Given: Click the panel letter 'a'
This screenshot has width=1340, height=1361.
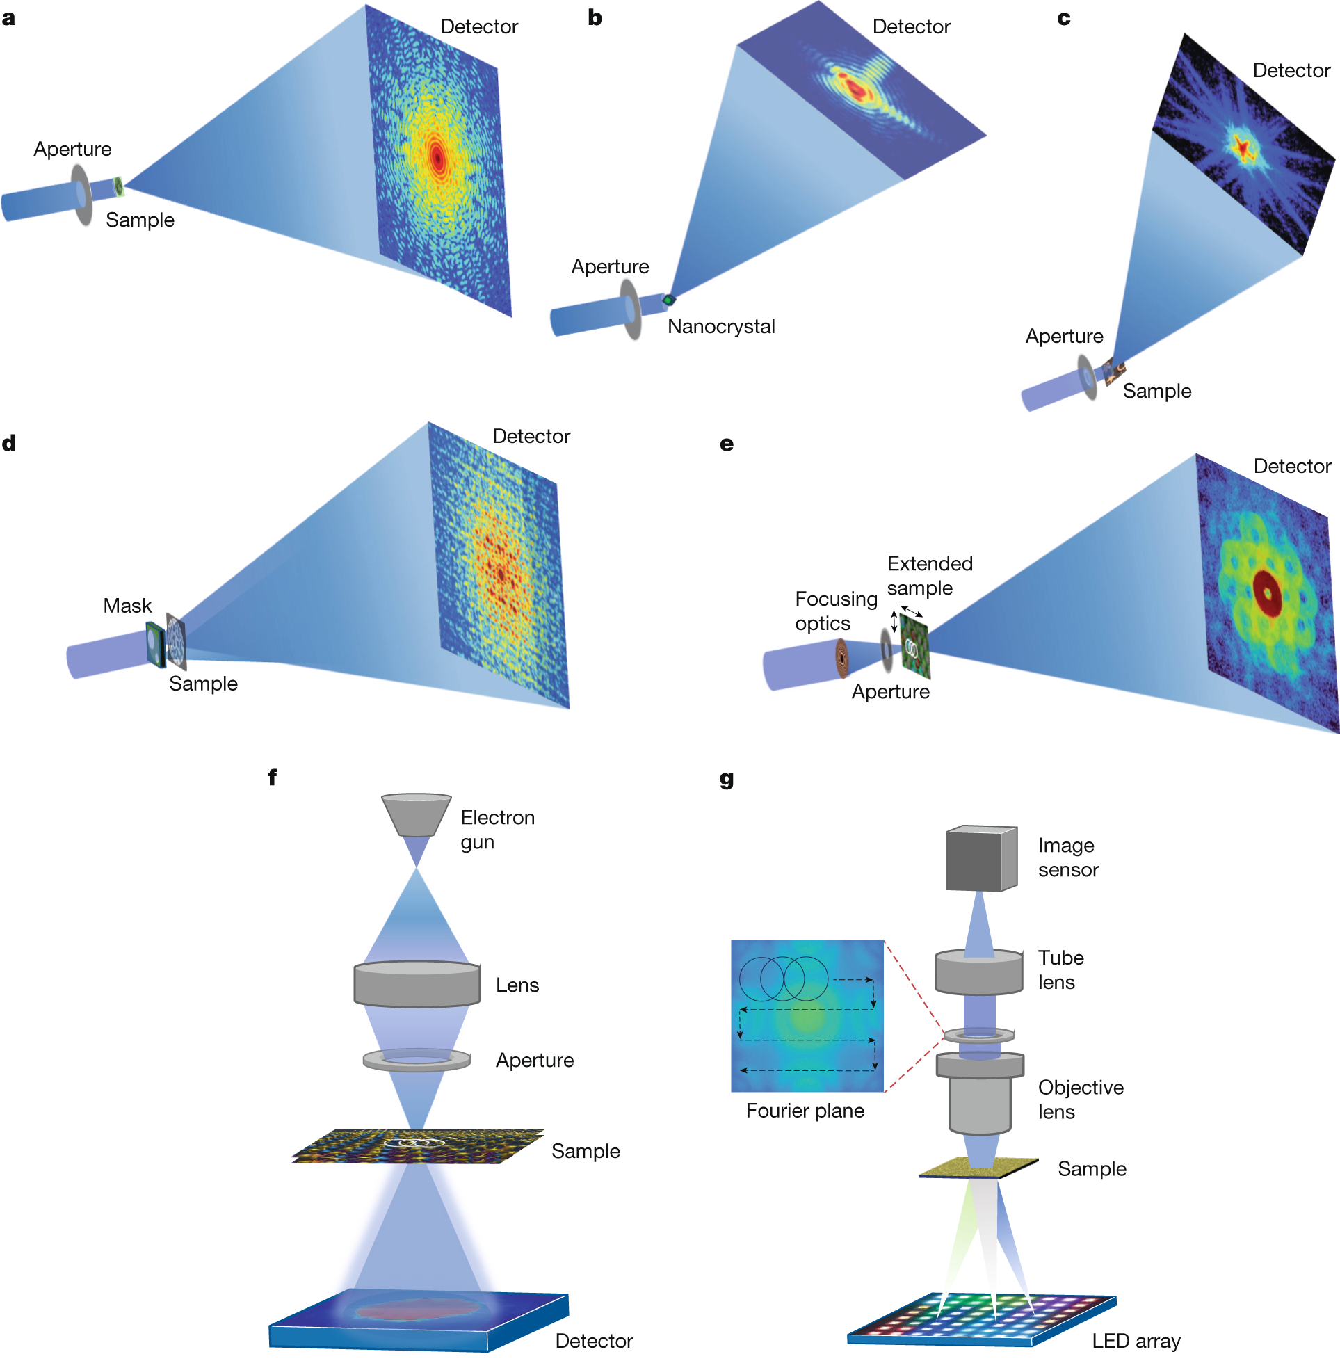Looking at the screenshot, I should click(8, 19).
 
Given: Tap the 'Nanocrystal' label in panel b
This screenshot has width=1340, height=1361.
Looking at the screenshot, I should click(720, 327).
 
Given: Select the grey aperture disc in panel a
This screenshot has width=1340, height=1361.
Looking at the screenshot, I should click(82, 195).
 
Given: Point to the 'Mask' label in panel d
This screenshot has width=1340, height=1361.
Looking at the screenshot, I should click(127, 605).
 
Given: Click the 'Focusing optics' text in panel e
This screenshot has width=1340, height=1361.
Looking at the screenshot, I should click(835, 611).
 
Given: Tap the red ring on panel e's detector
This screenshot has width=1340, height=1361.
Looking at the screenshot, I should click(1267, 593).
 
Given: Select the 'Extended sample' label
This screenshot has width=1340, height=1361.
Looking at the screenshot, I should click(929, 576).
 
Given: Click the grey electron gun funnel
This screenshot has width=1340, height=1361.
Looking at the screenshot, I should click(416, 815).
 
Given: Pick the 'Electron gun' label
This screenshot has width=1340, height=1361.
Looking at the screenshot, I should click(498, 829).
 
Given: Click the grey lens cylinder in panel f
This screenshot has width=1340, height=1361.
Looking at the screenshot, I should click(417, 984).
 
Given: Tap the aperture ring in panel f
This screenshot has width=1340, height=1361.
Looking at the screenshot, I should click(417, 1060).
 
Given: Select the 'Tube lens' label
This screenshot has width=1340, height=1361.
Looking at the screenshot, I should click(1060, 969).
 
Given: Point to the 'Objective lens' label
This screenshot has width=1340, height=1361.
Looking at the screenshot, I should click(1081, 1100).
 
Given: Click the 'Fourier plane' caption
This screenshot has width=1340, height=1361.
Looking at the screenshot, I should click(805, 1111).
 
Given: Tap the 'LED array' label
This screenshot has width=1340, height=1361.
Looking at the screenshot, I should click(1135, 1341).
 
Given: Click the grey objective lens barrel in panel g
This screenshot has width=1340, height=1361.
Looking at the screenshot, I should click(980, 1100).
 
